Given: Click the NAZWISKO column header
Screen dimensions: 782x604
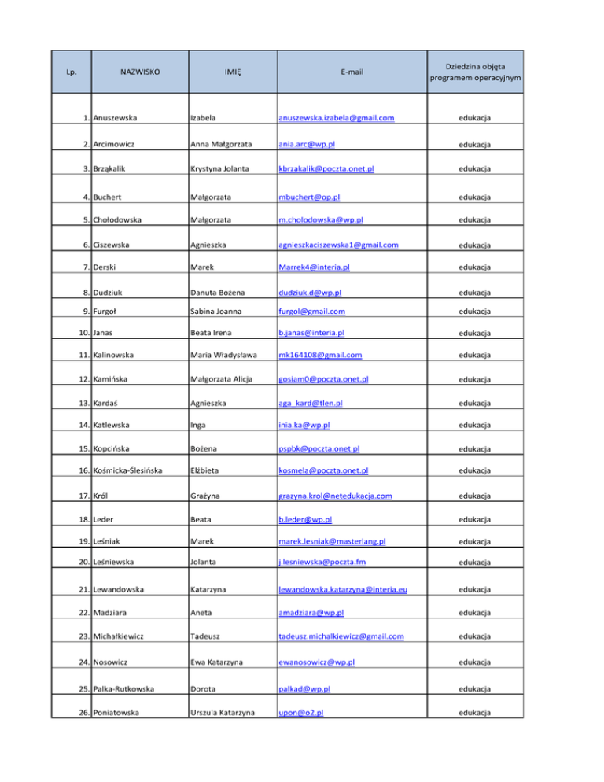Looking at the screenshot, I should click(x=141, y=72).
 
